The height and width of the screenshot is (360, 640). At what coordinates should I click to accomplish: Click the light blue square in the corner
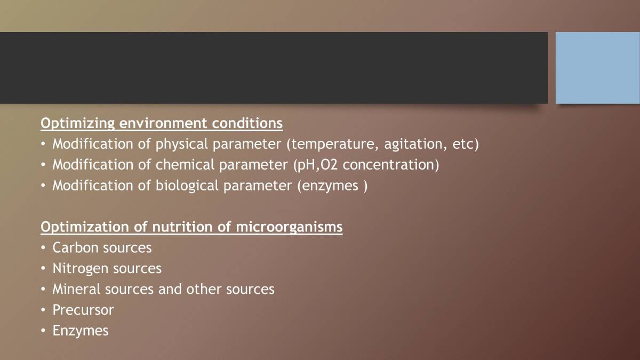[x=597, y=68]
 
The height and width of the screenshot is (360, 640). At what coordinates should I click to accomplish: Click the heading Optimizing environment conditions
[x=162, y=123]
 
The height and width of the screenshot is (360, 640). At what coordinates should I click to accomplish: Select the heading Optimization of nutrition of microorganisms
[x=191, y=227]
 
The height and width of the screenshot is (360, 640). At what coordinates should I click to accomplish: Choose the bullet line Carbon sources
[x=102, y=248]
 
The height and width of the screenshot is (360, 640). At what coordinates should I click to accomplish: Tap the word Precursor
[x=83, y=310]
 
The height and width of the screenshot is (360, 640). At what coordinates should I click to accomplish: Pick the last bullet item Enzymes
[x=81, y=331]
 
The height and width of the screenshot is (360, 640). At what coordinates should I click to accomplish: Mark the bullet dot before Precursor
[x=43, y=310]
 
